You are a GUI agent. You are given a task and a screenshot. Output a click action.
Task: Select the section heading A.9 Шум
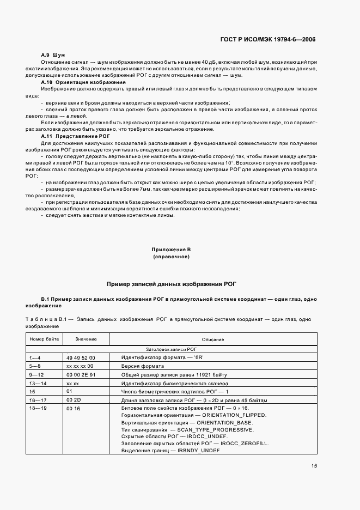point(53,55)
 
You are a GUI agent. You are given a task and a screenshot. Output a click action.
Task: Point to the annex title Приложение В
point(171,249)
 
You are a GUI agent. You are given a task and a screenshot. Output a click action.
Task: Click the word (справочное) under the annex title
point(171,256)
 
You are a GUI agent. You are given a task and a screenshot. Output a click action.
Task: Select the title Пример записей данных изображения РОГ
point(171,284)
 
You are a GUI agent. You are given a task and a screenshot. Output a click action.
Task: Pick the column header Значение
point(86,339)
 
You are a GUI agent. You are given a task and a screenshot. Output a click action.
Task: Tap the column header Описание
point(213,339)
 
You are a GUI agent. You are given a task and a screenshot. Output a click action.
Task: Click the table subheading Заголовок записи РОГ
point(171,349)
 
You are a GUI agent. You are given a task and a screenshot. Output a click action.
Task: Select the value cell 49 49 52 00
point(80,357)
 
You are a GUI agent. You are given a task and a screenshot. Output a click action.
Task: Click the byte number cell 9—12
point(35,375)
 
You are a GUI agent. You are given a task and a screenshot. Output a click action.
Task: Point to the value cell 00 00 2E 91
point(80,375)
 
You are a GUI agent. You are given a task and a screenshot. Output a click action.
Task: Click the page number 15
point(314,465)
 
